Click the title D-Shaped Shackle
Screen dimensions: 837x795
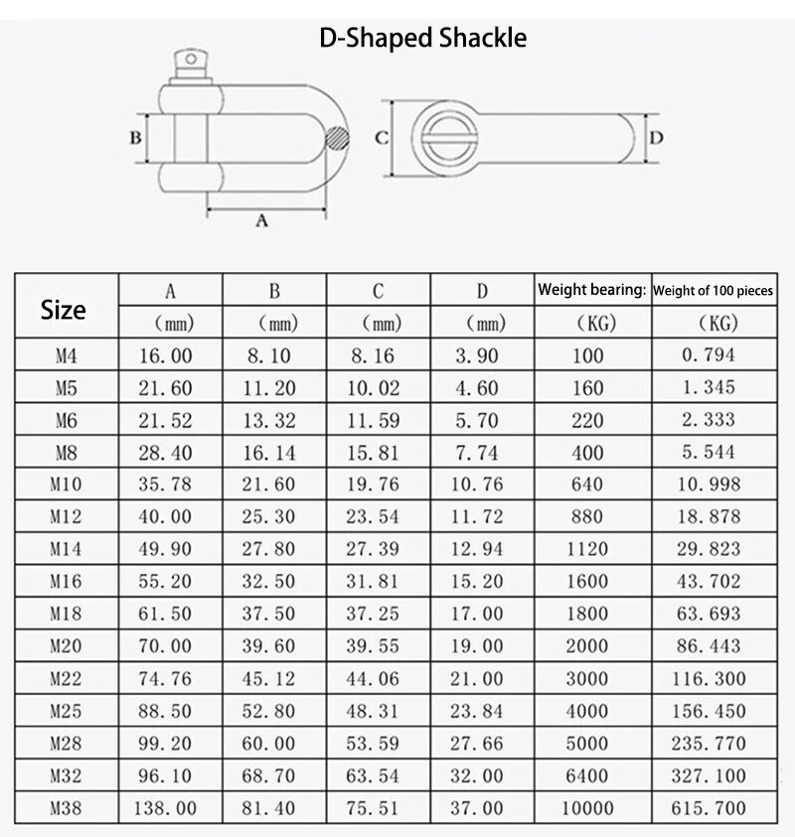click(x=423, y=39)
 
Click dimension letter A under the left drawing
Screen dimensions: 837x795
click(x=261, y=220)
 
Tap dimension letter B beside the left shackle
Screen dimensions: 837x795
click(x=135, y=138)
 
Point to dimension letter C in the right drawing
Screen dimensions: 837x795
click(x=380, y=138)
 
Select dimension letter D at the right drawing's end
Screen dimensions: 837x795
click(x=656, y=138)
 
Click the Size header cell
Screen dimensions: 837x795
click(x=64, y=310)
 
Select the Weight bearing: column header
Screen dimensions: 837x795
click(x=592, y=291)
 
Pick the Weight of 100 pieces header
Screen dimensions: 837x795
click(x=715, y=291)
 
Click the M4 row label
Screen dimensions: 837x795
click(x=64, y=355)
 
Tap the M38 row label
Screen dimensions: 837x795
click(x=64, y=808)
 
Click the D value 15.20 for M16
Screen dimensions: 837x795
click(x=480, y=582)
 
